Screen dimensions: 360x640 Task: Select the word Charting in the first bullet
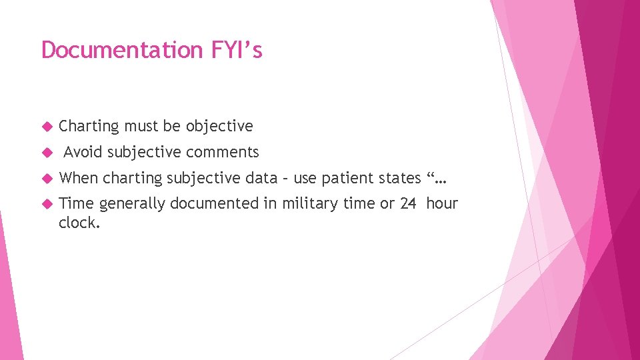pos(89,127)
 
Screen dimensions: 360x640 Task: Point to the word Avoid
pos(83,153)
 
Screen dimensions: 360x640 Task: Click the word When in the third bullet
pos(79,178)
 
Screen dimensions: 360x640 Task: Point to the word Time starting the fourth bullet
pos(77,203)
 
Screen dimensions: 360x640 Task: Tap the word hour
pos(442,203)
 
